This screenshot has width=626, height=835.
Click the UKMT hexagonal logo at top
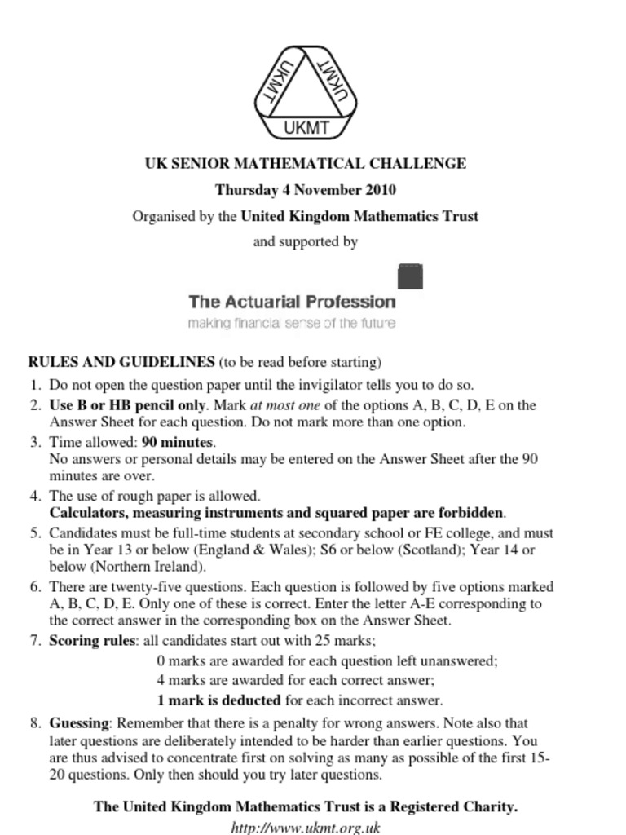click(x=306, y=93)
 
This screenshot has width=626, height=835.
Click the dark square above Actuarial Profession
click(x=410, y=276)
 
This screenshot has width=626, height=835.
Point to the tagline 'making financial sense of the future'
click(x=292, y=324)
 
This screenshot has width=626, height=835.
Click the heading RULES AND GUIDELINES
click(x=121, y=361)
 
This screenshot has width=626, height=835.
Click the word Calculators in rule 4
click(x=87, y=513)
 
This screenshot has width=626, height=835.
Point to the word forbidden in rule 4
click(x=465, y=513)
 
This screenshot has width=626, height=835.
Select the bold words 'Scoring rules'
click(x=92, y=640)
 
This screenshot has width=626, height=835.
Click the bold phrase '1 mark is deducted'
click(x=218, y=700)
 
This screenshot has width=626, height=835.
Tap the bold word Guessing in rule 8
click(x=78, y=722)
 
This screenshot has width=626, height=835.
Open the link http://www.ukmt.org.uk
click(x=306, y=827)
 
